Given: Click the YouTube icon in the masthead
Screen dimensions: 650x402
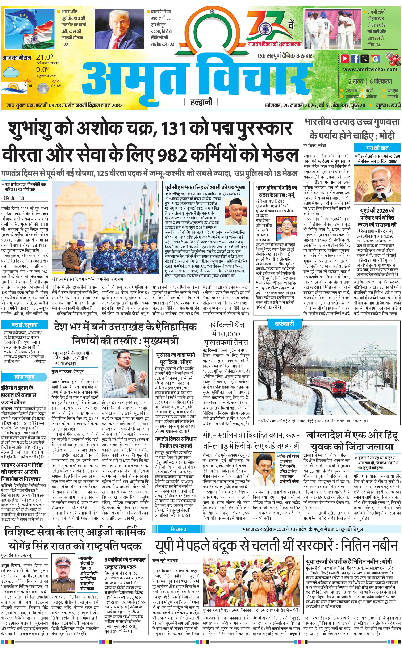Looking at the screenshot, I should pos(345,58).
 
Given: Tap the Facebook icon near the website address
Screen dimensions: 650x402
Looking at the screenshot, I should pos(355,58).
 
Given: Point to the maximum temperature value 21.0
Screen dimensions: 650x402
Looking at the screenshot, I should pos(44,57).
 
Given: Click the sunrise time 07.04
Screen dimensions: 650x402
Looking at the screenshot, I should pos(27,86).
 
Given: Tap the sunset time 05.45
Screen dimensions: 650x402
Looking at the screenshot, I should pos(56,86).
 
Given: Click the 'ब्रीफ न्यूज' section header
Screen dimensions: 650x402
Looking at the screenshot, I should pos(24,377).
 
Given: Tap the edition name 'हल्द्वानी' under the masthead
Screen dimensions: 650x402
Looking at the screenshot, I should pos(201,102).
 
